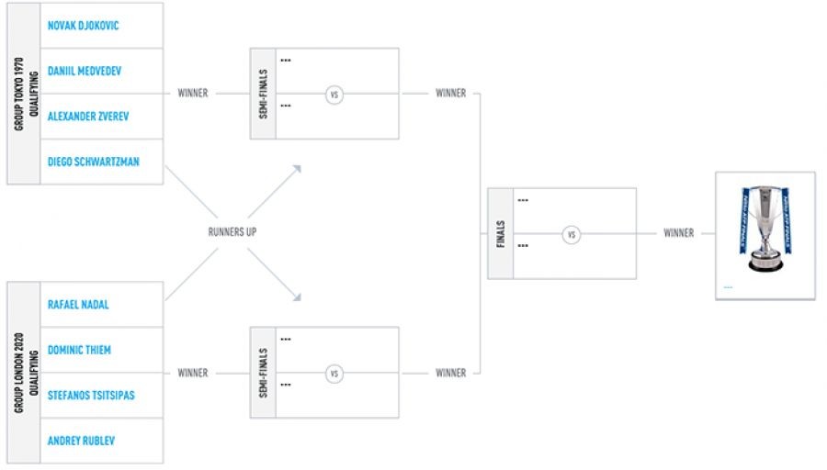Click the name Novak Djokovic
pos(83,26)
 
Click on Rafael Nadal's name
pos(78,305)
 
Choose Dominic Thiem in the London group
pos(79,351)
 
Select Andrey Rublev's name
pos(81,441)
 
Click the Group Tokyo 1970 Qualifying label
pos(24,94)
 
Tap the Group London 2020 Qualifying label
pos(24,373)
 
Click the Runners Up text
pos(232,232)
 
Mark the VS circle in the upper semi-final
pos(334,94)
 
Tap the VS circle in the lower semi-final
pos(334,374)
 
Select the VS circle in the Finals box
pos(572,234)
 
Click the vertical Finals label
pos(501,233)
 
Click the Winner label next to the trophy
pos(679,233)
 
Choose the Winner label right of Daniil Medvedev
pos(193,94)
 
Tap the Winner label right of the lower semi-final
pos(450,374)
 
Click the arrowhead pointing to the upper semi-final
pos(297,168)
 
